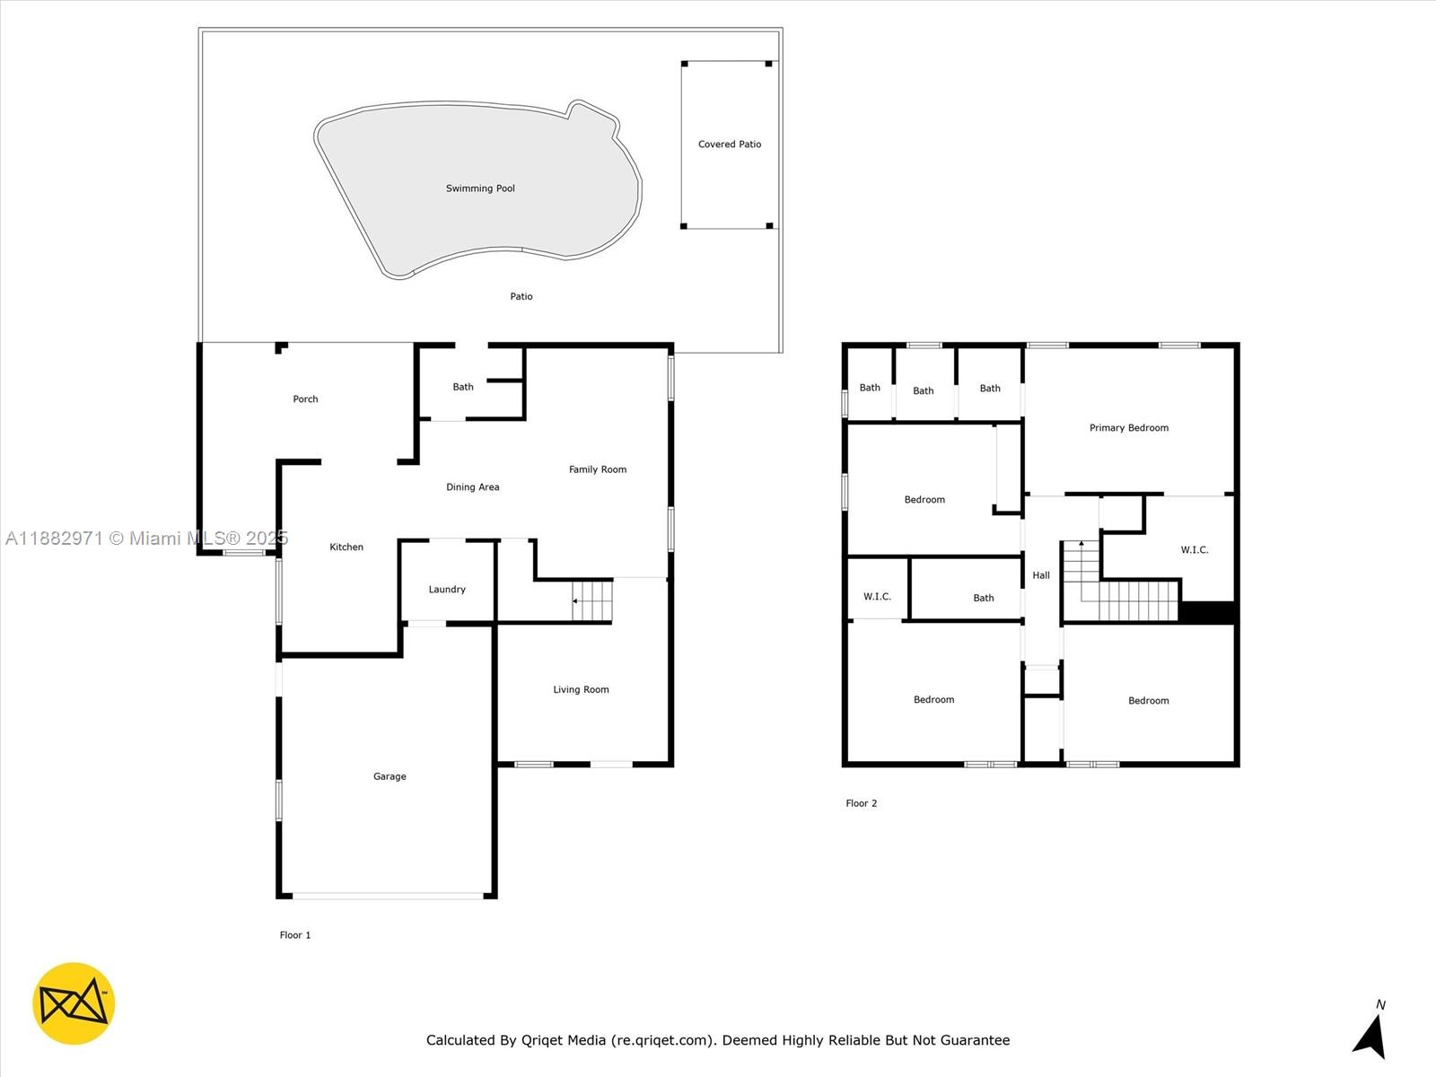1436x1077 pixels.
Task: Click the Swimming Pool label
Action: point(480,188)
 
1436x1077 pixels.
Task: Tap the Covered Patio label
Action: point(730,144)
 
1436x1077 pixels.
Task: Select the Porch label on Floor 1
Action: point(305,398)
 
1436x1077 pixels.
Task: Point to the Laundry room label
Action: point(447,589)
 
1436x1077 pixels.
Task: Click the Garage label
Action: point(390,776)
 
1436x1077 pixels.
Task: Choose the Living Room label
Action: point(581,689)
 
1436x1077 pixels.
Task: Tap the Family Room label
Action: point(598,469)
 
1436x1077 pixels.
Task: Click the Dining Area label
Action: point(472,487)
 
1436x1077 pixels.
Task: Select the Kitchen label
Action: point(346,547)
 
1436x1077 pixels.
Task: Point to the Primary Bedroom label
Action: point(1128,428)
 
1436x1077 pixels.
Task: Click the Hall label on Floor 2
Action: point(1041,575)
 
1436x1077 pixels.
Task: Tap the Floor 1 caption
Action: point(295,935)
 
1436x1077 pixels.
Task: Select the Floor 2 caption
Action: point(861,803)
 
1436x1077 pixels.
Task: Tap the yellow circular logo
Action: point(74,1003)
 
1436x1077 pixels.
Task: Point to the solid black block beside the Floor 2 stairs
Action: point(1207,612)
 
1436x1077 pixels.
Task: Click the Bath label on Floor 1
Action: point(462,387)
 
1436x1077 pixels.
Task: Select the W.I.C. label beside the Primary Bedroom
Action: point(1194,550)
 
